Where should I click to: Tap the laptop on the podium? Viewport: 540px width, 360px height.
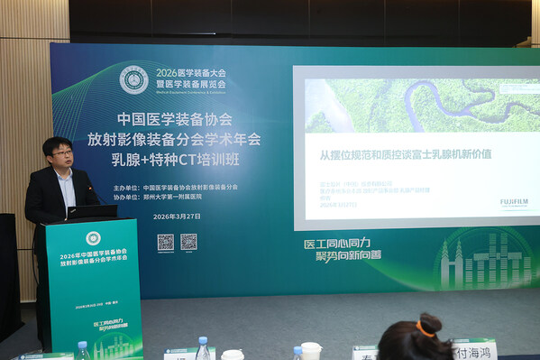(93, 212)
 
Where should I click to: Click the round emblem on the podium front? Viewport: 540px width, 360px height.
(93, 238)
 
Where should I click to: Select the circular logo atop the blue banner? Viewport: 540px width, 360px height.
(134, 79)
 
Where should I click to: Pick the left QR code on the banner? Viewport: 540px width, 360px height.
(165, 242)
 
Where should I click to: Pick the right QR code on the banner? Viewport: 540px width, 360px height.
(188, 242)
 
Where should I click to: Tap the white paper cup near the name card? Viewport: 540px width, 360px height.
(311, 350)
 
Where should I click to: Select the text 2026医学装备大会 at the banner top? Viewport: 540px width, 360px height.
(191, 72)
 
